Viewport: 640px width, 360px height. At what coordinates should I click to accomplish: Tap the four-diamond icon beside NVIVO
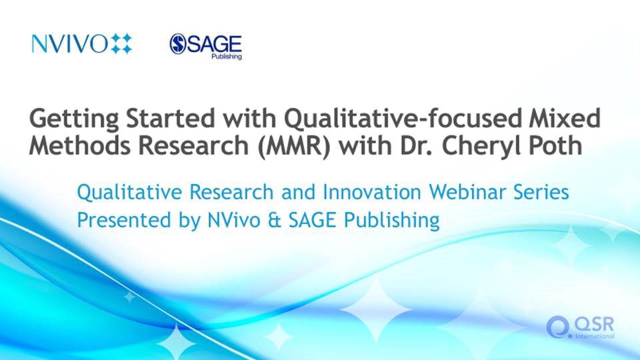(121, 44)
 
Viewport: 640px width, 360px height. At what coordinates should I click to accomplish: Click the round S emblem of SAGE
(178, 44)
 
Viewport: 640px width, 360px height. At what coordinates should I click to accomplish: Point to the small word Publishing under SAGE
(227, 56)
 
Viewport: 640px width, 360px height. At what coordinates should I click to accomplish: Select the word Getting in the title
(74, 119)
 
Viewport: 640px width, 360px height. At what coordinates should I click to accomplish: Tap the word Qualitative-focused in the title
(403, 119)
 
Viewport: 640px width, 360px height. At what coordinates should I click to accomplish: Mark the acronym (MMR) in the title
(294, 146)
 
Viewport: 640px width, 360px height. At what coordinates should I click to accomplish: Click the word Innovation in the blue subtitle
(372, 192)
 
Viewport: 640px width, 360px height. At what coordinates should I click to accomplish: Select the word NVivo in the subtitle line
(234, 220)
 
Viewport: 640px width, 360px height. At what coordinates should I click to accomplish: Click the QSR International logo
(580, 327)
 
